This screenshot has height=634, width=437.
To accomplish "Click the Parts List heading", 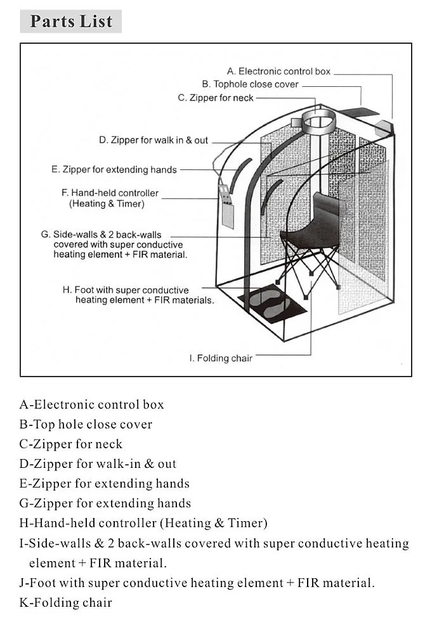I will click(71, 21).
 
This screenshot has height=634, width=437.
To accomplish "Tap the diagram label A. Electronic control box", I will click(278, 72).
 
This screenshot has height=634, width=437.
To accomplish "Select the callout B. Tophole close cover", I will click(250, 84).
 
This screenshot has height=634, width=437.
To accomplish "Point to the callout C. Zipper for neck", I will click(216, 98).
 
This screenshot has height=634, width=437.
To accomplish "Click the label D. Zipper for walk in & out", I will click(153, 140).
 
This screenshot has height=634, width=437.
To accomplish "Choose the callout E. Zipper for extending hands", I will click(114, 170).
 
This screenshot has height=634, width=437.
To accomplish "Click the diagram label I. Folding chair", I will click(221, 358).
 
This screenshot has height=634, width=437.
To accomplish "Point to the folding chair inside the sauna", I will click(310, 235).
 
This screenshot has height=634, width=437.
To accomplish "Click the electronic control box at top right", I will click(384, 127).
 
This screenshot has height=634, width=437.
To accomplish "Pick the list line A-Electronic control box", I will click(92, 404).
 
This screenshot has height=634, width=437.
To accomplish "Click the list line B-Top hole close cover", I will click(86, 424).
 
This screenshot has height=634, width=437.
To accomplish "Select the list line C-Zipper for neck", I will click(71, 444).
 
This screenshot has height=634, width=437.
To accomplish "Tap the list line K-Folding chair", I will click(66, 602).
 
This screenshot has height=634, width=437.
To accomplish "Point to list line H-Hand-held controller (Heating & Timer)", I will click(143, 523).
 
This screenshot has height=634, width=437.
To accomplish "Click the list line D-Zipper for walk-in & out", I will click(98, 463).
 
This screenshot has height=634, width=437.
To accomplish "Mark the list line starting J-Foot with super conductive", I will click(197, 583).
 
